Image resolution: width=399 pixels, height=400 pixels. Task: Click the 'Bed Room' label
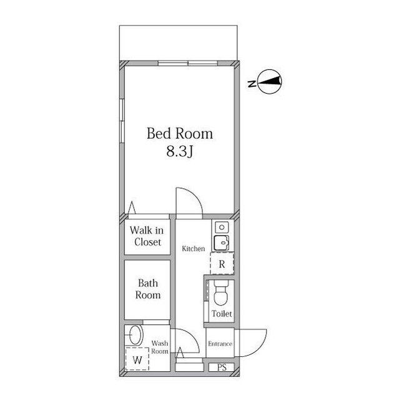tap(180, 134)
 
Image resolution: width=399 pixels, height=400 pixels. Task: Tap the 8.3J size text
tap(180, 151)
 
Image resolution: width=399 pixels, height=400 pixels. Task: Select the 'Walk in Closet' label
tap(147, 236)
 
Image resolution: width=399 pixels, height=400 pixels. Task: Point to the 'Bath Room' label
tap(148, 289)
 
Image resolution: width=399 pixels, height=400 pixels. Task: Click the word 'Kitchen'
tap(194, 249)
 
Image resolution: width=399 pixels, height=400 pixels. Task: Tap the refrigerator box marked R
tap(222, 264)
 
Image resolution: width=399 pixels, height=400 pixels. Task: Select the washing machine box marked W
tap(137, 359)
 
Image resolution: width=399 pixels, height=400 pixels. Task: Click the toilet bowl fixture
tap(221, 293)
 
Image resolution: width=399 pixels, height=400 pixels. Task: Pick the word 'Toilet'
tap(222, 314)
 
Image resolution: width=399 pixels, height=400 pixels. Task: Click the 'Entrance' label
tap(220, 344)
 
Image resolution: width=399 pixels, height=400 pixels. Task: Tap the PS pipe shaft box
tap(222, 367)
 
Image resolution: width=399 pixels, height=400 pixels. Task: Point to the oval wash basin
tap(136, 335)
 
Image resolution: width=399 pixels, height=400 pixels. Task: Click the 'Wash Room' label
tap(160, 347)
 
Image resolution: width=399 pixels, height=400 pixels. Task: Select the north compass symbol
tap(270, 82)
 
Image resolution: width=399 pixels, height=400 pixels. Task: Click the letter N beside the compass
tap(252, 84)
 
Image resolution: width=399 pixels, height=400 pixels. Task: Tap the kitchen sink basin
tap(222, 242)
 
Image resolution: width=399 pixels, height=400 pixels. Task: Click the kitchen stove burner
tap(222, 227)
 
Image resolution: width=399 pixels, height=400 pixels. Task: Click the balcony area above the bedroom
tap(178, 43)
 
